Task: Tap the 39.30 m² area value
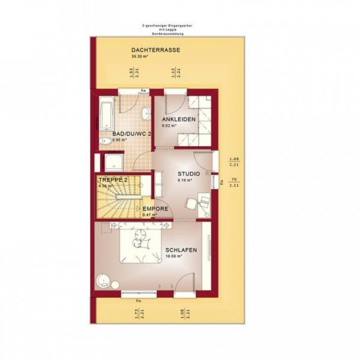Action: tap(139, 56)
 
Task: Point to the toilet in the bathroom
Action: tap(106, 142)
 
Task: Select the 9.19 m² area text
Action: tap(184, 179)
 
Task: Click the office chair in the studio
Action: tap(191, 203)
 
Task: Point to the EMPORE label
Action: tap(155, 209)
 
